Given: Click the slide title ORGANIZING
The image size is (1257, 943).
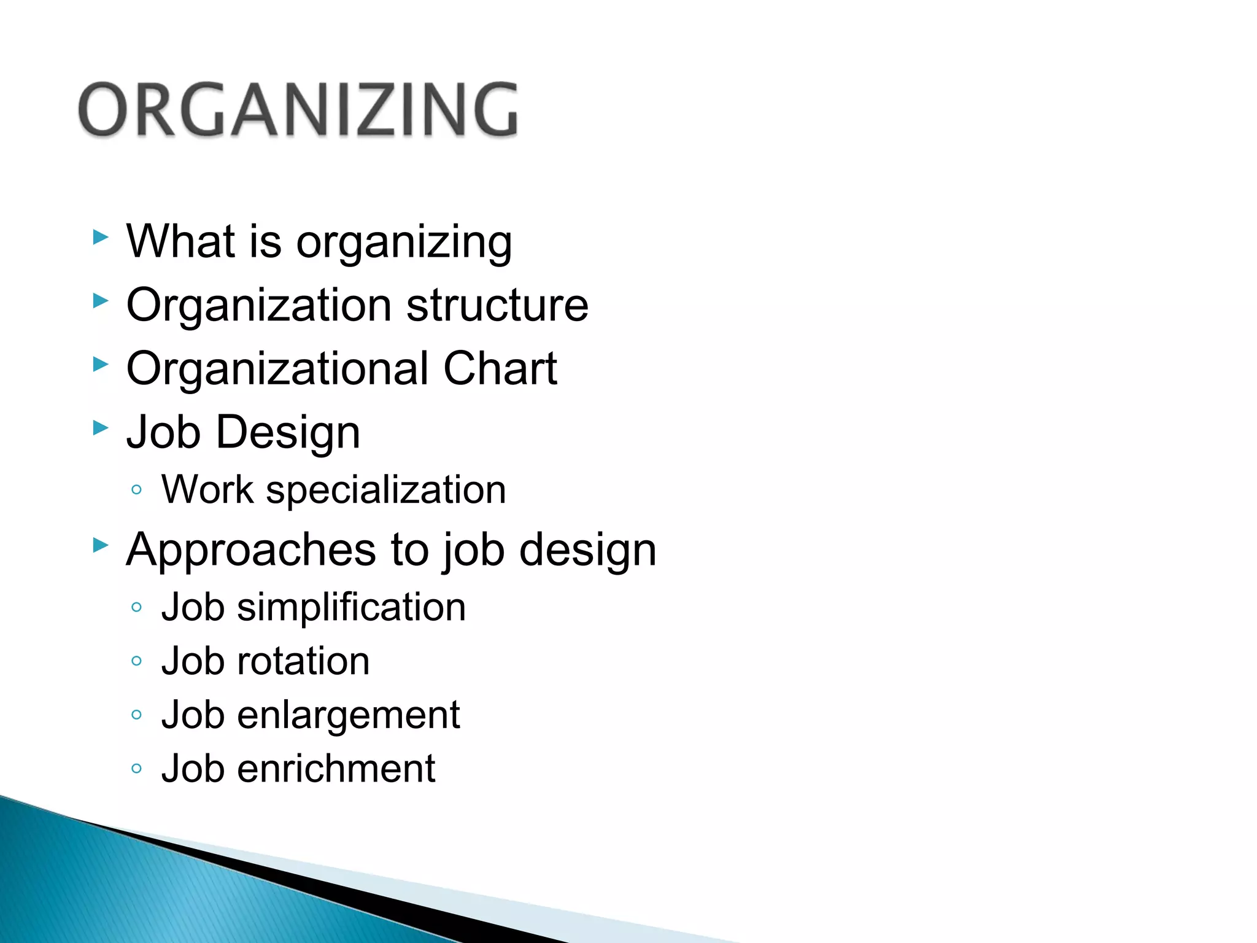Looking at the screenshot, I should [x=298, y=109].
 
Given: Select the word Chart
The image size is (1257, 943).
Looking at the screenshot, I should [x=500, y=368].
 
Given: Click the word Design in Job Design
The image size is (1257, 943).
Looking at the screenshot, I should [x=288, y=432].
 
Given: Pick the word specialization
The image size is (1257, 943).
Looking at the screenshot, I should [x=385, y=491].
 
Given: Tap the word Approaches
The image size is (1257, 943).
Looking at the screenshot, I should [x=251, y=549].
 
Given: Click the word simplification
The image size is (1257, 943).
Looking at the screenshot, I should [x=351, y=607].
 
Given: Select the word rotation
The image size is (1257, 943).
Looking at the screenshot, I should [x=303, y=661].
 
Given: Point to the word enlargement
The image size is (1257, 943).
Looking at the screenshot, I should [x=348, y=715].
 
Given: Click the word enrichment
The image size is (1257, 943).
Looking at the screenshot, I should [x=336, y=769].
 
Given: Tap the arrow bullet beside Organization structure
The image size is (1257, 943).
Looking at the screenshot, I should [x=100, y=301].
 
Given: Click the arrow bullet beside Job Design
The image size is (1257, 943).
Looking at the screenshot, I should [x=100, y=428].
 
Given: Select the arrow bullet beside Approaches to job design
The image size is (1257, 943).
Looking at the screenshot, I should [x=100, y=545].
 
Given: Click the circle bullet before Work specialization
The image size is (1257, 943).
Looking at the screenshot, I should [x=136, y=490].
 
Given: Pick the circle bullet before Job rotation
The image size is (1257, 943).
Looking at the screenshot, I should [x=136, y=661].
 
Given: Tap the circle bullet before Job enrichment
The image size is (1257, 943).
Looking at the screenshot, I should [x=136, y=769].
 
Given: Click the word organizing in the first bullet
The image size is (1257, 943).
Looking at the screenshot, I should [x=404, y=243].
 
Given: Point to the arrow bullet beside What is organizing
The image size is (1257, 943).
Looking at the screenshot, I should [x=100, y=237].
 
